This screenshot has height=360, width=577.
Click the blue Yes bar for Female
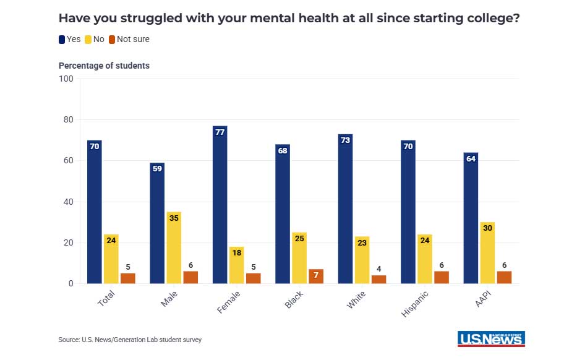pos(220,205)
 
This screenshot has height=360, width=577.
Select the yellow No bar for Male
pos(174,247)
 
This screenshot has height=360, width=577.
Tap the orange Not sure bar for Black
pos(316,276)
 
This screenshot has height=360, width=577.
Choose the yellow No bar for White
pos(362,260)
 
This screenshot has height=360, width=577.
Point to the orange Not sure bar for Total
pos(128,278)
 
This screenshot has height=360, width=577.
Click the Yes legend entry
pos(70,39)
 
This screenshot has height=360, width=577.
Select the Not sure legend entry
pos(129,39)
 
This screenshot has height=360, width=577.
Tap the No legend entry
pos(94,39)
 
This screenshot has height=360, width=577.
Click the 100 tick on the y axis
pos(66,79)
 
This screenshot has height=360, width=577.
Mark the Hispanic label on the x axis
pos(415,303)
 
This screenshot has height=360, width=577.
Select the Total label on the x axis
pos(106,299)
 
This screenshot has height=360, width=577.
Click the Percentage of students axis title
pos(104,66)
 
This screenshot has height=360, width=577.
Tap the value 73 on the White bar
pos(346,140)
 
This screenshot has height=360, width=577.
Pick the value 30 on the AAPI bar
pos(487,228)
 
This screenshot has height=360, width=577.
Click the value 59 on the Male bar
pos(158,169)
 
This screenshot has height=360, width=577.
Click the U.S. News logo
pos(491,338)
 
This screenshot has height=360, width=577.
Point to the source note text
pos(130,340)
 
